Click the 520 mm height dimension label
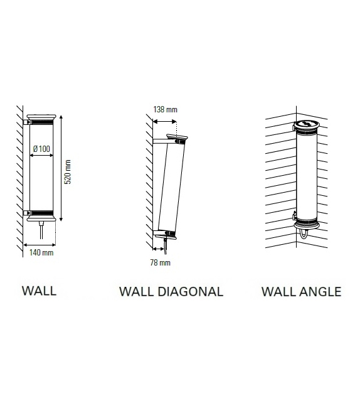click(68, 172)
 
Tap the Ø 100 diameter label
click(41, 149)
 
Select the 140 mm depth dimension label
click(41, 252)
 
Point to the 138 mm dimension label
click(165, 109)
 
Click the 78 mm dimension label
click(160, 262)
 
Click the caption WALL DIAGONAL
click(171, 292)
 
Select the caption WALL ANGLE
click(302, 292)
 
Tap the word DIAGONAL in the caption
click(190, 292)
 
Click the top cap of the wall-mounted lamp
click(41, 117)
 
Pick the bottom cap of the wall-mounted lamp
click(41, 218)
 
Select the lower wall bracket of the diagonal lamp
click(161, 233)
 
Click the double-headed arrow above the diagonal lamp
click(164, 121)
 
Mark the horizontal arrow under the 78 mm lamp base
click(159, 249)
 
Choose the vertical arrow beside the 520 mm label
click(61, 168)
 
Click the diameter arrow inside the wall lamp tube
click(41, 155)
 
